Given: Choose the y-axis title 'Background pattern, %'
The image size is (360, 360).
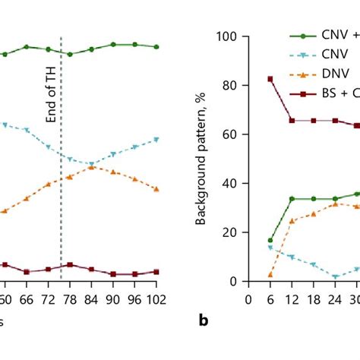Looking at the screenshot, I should point(201,159).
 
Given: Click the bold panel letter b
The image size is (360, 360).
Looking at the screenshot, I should point(204,321).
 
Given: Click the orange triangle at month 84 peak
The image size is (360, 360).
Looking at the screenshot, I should point(91,167).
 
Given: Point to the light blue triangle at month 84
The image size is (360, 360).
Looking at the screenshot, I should point(91,164).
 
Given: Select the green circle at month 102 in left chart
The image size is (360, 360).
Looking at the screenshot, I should point(156,47).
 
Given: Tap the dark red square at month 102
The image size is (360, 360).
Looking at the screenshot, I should point(156,271).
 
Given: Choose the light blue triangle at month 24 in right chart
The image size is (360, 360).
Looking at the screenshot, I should point(335,277).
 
